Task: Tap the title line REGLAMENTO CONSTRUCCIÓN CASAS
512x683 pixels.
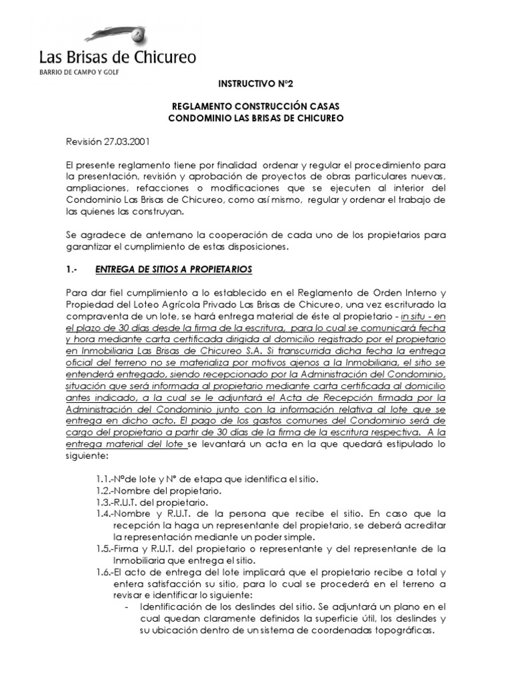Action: coord(256,107)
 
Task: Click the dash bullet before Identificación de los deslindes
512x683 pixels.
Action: coord(127,607)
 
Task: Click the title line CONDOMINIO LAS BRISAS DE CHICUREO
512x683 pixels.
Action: coord(256,118)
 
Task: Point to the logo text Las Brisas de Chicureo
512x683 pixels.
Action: coord(117,57)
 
